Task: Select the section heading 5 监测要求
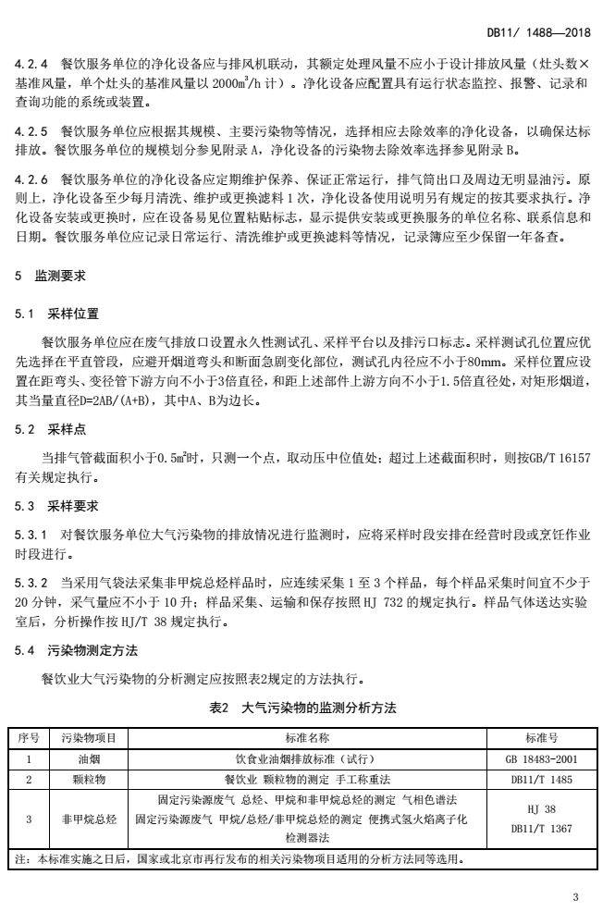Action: [47, 276]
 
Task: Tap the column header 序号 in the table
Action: [29, 737]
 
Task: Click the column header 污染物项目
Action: [88, 737]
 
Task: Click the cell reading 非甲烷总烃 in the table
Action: [88, 819]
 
